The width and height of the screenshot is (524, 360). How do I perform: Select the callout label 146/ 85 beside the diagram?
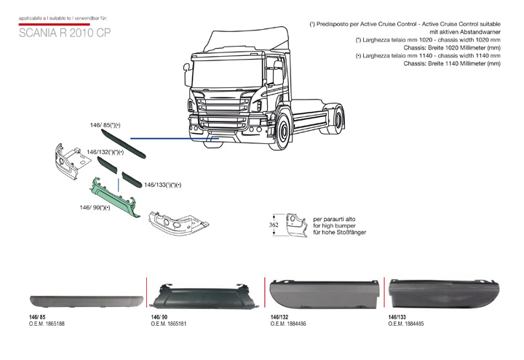pos(105,126)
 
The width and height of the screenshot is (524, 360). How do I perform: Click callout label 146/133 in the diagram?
pos(162,185)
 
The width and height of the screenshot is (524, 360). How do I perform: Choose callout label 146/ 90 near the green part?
pos(95,207)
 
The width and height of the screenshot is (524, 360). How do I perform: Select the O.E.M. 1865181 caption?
pos(168,324)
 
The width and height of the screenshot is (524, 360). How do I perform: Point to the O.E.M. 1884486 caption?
pos(287,324)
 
